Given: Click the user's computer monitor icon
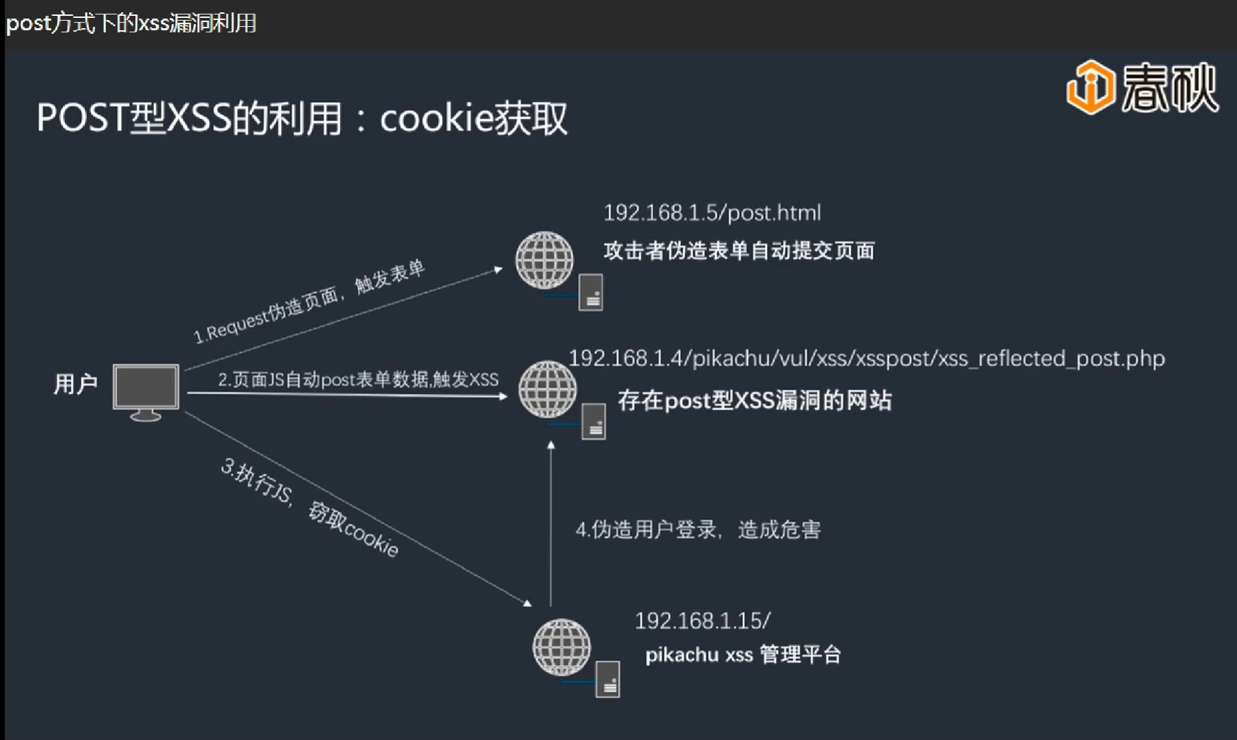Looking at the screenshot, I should click(x=146, y=389).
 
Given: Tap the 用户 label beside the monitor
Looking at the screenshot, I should click(x=76, y=384).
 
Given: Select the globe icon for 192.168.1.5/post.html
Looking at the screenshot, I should click(x=544, y=260).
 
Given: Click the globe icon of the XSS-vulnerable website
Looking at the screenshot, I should click(x=547, y=389).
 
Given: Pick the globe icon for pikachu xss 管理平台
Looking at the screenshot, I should click(x=561, y=647).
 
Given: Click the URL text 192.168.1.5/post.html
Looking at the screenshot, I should click(x=712, y=213).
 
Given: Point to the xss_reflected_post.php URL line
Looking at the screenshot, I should click(x=867, y=358).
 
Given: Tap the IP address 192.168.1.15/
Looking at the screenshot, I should click(x=702, y=621).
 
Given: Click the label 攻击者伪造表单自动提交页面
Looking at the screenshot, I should click(x=739, y=250).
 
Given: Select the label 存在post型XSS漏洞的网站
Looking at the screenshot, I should click(x=755, y=400).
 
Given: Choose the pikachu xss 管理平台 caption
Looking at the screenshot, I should click(x=742, y=654).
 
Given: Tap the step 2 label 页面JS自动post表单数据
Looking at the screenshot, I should click(x=358, y=380).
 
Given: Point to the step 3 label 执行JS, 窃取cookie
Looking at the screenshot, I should click(x=310, y=508).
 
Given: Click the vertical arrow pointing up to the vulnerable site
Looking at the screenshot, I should click(x=551, y=523).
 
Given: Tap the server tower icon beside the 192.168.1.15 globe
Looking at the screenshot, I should click(x=608, y=679).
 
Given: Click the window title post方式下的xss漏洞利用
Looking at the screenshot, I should click(x=131, y=23).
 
